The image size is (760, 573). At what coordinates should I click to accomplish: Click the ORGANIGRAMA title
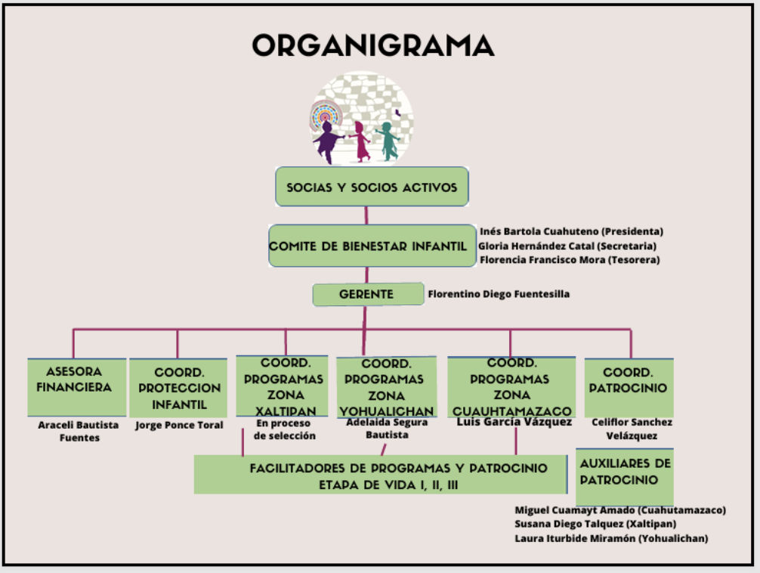click(x=372, y=46)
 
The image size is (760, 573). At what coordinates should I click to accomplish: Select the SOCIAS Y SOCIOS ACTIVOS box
click(x=371, y=187)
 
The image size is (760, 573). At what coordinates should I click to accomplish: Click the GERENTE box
click(x=368, y=294)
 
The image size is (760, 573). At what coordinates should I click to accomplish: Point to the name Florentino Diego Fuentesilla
click(x=499, y=294)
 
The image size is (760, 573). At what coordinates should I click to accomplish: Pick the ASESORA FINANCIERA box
click(x=77, y=386)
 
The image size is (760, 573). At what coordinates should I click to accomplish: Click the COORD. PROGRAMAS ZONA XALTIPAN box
click(x=284, y=386)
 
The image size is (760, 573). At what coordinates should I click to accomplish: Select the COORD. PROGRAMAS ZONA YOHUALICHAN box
click(x=387, y=386)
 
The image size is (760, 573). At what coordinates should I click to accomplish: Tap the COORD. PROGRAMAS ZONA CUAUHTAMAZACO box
click(x=511, y=386)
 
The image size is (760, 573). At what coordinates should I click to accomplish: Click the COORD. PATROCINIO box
click(x=629, y=387)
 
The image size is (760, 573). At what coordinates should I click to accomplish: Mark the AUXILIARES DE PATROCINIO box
click(x=624, y=473)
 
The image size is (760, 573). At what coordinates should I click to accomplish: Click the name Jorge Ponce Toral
click(x=179, y=425)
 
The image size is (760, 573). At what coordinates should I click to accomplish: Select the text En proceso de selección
click(x=284, y=429)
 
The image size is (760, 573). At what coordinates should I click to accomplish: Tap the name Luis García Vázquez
click(x=514, y=423)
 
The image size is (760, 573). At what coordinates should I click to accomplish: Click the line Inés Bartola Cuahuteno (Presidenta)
click(x=571, y=231)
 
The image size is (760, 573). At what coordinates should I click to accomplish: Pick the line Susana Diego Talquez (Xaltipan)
click(x=595, y=524)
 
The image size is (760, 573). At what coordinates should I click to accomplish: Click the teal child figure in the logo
click(x=388, y=141)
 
